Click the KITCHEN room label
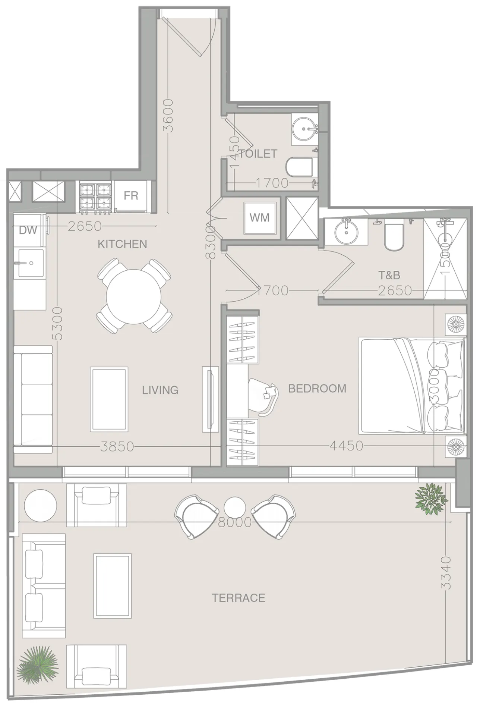click(122, 244)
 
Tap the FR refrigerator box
click(131, 196)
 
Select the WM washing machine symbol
click(260, 218)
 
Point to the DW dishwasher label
click(28, 230)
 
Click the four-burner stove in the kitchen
click(95, 198)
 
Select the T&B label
click(389, 275)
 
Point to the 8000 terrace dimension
click(234, 522)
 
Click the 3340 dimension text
click(446, 573)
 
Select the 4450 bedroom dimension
click(347, 446)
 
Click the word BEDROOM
click(317, 389)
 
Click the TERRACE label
click(239, 598)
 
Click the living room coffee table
click(109, 399)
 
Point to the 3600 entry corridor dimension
click(169, 115)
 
